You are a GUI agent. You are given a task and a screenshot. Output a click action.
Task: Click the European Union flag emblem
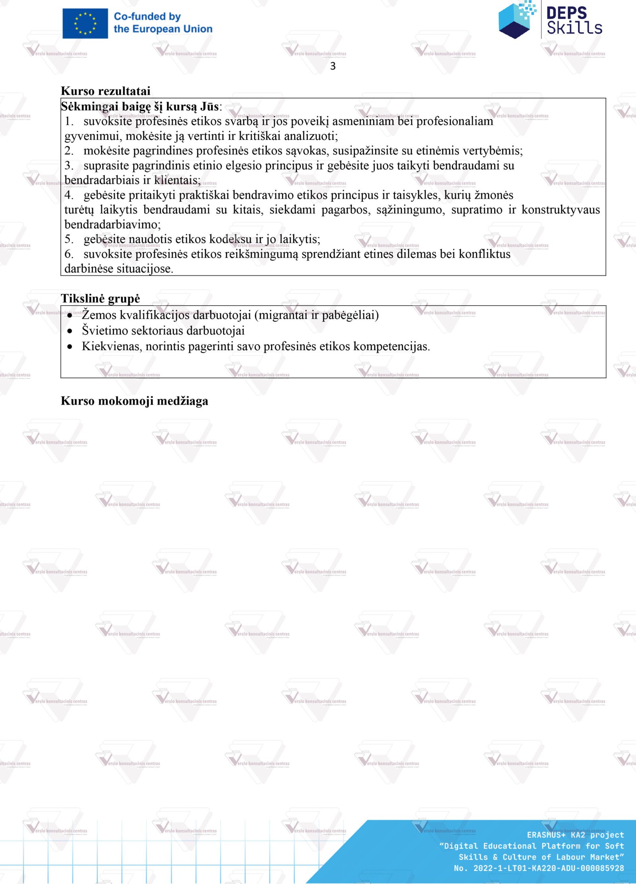coord(85,23)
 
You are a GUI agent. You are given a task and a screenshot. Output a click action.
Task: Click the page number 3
coord(333,66)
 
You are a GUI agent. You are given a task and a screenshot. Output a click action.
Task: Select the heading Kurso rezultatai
coord(105,91)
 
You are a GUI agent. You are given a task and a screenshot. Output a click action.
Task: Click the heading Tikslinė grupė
coord(100,299)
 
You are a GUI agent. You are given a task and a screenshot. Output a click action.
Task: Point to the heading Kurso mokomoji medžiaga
coord(134,401)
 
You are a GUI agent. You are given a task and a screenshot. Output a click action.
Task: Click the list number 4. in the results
coord(69,195)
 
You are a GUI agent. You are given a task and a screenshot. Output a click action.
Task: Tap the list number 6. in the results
coord(69,254)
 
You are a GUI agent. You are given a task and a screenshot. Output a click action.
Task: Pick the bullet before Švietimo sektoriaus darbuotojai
coord(70,331)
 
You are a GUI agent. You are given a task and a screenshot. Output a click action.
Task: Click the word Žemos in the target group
coord(99,315)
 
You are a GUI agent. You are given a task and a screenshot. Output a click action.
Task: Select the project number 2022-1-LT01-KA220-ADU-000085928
coord(549,868)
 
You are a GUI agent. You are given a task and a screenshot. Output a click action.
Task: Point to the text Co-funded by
coord(147,17)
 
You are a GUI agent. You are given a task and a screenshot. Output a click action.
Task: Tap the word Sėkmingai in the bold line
coord(89,107)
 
